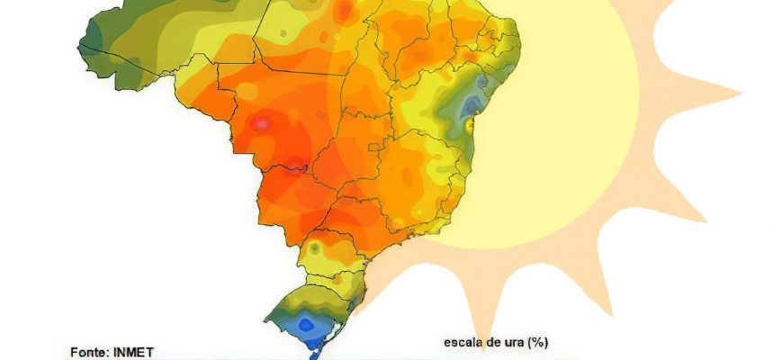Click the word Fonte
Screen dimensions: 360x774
click(89, 352)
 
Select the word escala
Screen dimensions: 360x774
click(464, 342)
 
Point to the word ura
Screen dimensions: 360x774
click(519, 342)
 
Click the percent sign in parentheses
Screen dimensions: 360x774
click(541, 342)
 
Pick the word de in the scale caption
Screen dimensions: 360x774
click(498, 342)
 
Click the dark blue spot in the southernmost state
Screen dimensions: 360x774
click(306, 324)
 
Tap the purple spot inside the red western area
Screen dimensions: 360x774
click(263, 123)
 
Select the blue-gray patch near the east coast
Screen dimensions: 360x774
click(469, 107)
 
